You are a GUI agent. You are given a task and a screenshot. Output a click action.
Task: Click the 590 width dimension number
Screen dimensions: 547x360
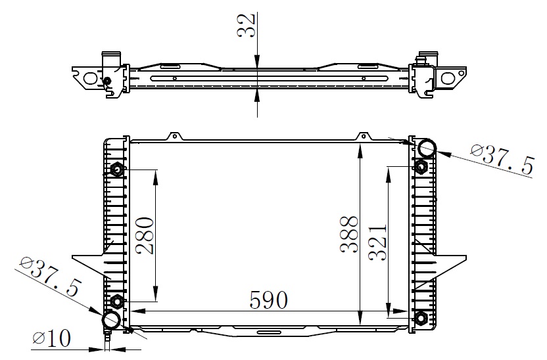[x=269, y=300]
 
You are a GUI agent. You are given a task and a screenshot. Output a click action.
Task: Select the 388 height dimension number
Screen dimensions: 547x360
[x=349, y=234]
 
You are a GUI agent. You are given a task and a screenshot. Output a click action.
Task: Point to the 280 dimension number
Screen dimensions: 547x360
[x=145, y=236]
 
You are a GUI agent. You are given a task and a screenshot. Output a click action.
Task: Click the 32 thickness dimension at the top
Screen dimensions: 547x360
[x=247, y=26]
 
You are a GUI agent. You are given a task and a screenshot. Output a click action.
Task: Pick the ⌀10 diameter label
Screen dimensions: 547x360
[x=52, y=338]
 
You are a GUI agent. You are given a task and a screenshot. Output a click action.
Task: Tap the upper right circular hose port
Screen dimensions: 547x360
[x=427, y=148]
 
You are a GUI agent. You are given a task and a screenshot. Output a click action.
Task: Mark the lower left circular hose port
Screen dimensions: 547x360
[x=111, y=320]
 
